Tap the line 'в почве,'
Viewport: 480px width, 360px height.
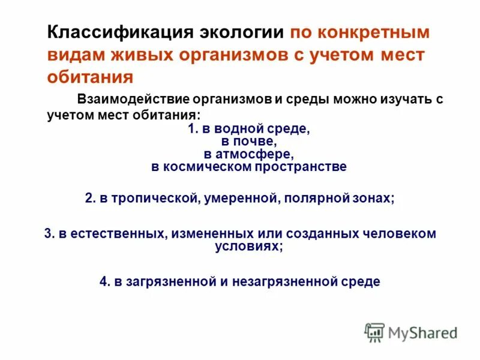coord(248,141)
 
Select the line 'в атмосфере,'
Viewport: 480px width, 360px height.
coord(248,154)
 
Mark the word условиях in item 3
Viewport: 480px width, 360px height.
coord(248,246)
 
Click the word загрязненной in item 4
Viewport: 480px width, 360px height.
coord(165,281)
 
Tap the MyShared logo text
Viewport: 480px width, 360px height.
coord(422,332)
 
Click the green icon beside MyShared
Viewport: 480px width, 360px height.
coord(374,332)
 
